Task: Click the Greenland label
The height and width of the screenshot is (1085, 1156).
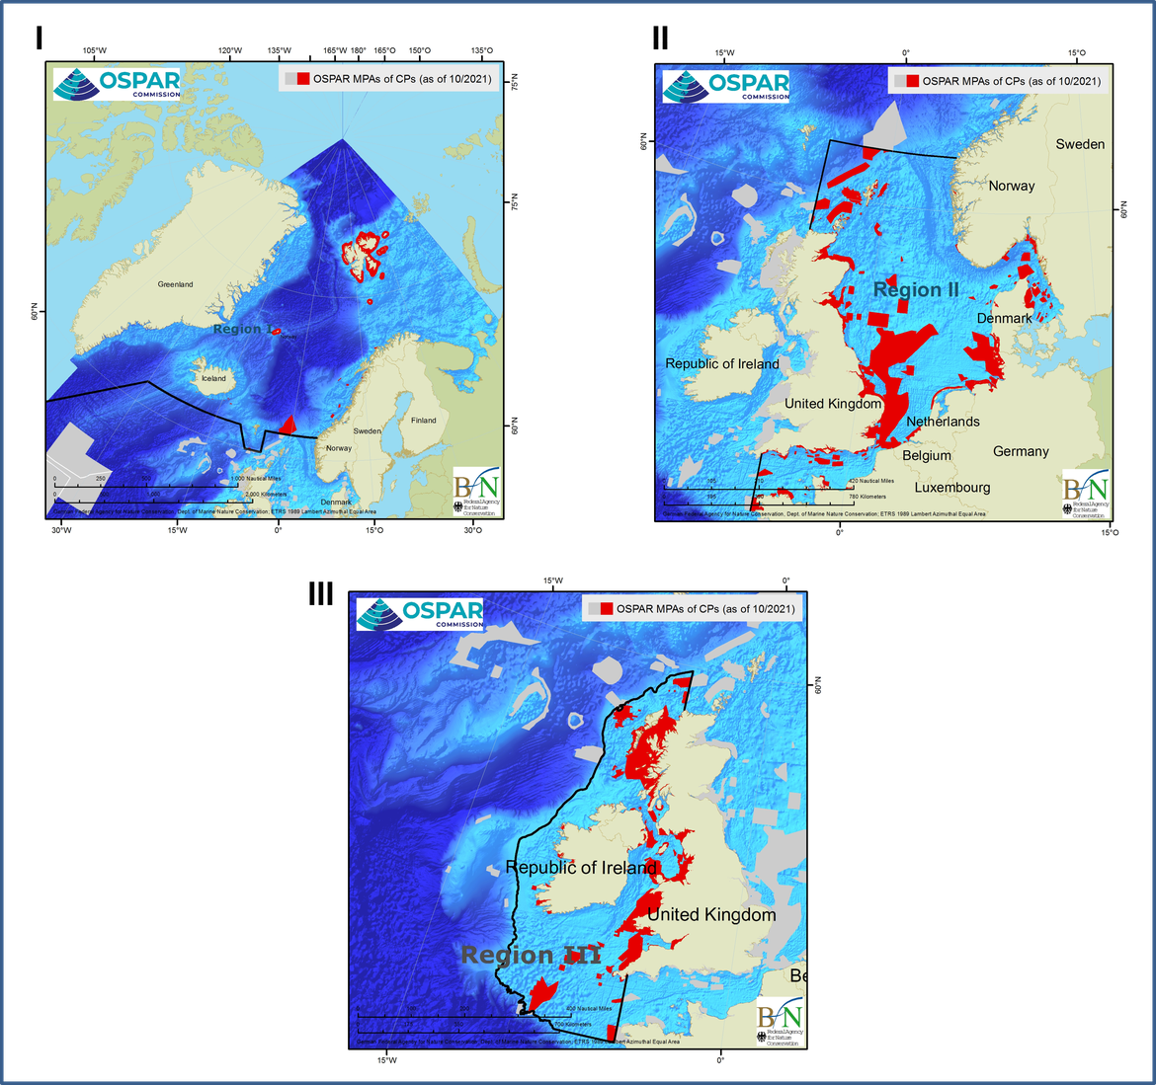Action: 176,284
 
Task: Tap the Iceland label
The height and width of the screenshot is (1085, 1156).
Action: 213,378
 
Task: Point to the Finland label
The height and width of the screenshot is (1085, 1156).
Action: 423,421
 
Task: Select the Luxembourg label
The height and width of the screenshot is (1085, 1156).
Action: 951,488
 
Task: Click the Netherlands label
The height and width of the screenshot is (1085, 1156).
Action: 943,422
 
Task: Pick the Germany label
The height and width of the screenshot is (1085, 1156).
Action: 1021,451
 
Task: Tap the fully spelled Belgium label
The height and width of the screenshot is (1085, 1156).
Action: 927,456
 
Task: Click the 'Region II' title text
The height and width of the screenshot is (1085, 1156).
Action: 916,289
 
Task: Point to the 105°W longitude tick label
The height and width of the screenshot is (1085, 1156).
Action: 95,50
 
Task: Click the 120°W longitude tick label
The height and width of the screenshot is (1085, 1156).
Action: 229,50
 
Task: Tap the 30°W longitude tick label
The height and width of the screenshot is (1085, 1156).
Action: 60,530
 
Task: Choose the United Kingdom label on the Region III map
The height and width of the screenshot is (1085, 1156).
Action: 711,915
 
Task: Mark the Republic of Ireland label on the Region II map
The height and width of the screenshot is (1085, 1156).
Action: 722,364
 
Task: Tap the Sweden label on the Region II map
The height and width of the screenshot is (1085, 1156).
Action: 1080,144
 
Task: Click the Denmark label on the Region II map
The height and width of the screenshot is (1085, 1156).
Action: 1004,318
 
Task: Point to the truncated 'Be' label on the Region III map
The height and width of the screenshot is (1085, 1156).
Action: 798,975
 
